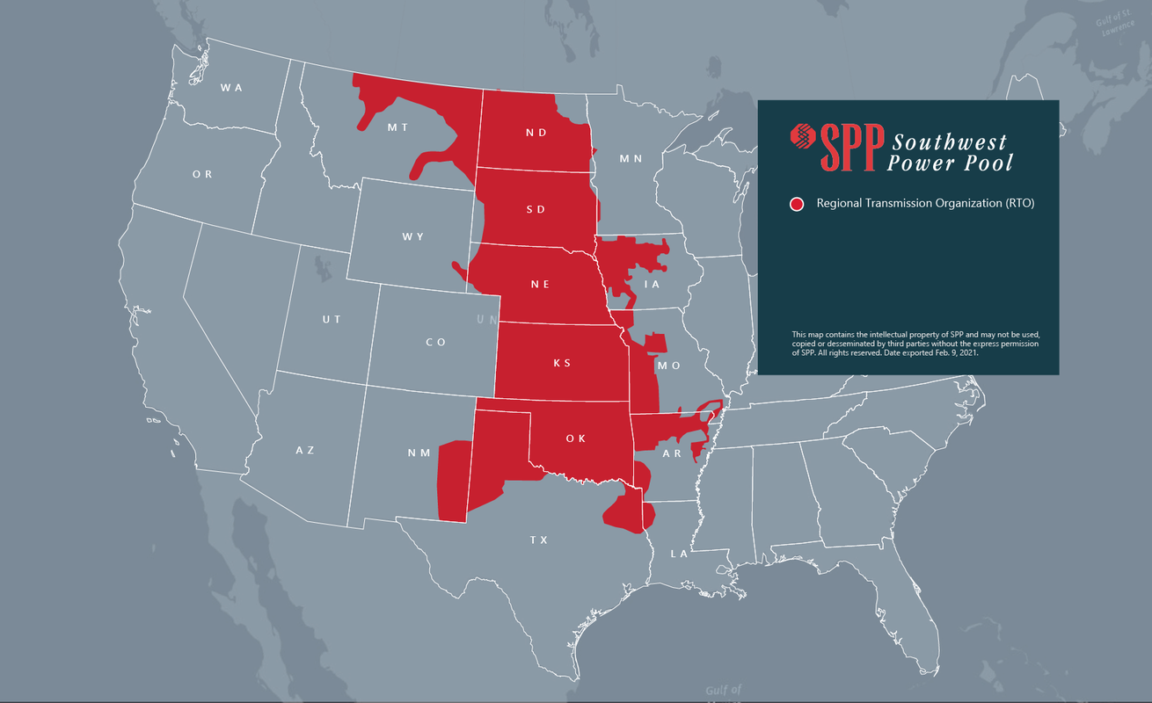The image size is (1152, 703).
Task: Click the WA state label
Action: pos(231,87)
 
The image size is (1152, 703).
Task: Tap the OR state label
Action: pos(202,174)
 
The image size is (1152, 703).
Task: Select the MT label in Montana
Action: pos(398,127)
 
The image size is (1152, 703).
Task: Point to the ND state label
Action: pos(536,133)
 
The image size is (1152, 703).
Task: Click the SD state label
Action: pos(536,209)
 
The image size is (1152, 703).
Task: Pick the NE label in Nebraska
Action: pos(540,285)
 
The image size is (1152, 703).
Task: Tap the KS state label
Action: pos(562,363)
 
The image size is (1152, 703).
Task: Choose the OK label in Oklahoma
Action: pos(576,438)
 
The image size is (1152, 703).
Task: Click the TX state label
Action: pos(539,540)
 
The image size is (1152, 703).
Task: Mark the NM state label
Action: pos(419,453)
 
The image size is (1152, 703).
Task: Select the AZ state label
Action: pos(304,450)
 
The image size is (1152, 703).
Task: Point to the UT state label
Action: pos(332,319)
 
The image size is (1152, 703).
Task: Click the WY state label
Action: pos(413,237)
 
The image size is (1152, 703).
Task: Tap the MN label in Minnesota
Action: pos(631,159)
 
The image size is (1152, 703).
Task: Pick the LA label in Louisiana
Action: pos(679,554)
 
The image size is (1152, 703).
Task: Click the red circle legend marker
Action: pos(797,204)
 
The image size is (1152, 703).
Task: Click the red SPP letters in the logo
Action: pos(851,147)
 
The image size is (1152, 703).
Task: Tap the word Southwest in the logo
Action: pos(950,141)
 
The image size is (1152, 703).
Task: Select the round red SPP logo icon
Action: pos(804,136)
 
